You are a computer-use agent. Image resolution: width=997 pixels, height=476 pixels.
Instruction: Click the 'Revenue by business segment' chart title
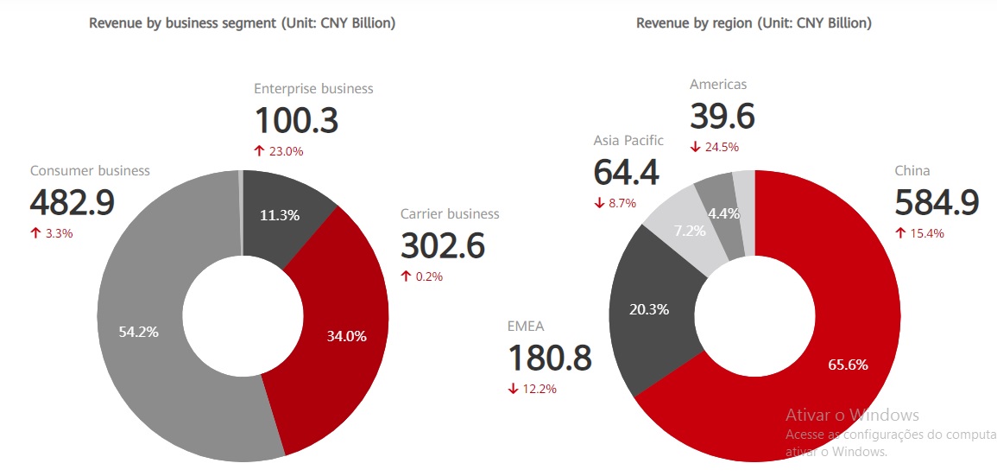(242, 23)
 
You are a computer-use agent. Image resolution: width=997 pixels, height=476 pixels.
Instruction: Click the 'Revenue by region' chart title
(754, 23)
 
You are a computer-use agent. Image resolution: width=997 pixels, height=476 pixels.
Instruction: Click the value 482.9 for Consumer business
(72, 203)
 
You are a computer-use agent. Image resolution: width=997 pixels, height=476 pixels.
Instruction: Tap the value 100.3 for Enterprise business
(296, 121)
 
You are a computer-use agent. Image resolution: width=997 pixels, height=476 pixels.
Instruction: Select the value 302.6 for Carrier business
(443, 247)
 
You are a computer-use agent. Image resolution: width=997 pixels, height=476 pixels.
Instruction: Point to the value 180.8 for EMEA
(549, 359)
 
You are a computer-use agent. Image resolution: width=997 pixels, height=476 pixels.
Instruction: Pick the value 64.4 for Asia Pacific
(626, 173)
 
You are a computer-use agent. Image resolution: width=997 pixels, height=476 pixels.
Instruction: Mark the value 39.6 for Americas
(723, 117)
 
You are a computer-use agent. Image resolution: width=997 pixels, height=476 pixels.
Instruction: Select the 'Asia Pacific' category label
(628, 140)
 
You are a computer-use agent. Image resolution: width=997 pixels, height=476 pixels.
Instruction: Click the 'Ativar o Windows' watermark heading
(852, 416)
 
